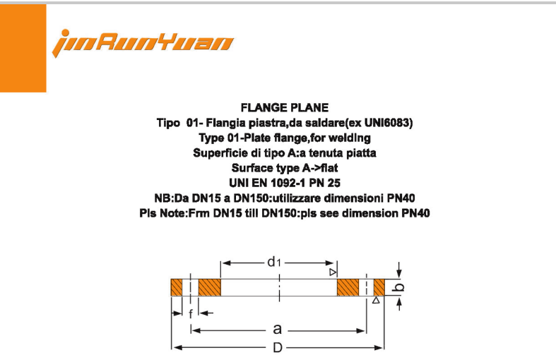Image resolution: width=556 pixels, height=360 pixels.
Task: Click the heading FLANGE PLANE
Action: (285, 108)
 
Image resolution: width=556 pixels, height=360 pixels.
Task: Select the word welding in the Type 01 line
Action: (348, 138)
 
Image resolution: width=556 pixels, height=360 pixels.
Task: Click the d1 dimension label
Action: (274, 262)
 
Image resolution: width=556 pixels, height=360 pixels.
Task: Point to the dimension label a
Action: (278, 329)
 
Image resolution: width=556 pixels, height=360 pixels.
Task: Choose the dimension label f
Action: (190, 314)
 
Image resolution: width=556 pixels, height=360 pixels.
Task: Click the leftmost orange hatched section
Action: (177, 288)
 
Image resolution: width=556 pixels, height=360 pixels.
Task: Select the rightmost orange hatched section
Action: (379, 288)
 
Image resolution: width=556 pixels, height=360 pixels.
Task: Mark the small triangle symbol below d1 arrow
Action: (331, 272)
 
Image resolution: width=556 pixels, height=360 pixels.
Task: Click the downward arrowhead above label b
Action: (400, 275)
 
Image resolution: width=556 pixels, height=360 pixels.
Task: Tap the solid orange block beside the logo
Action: (23, 48)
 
